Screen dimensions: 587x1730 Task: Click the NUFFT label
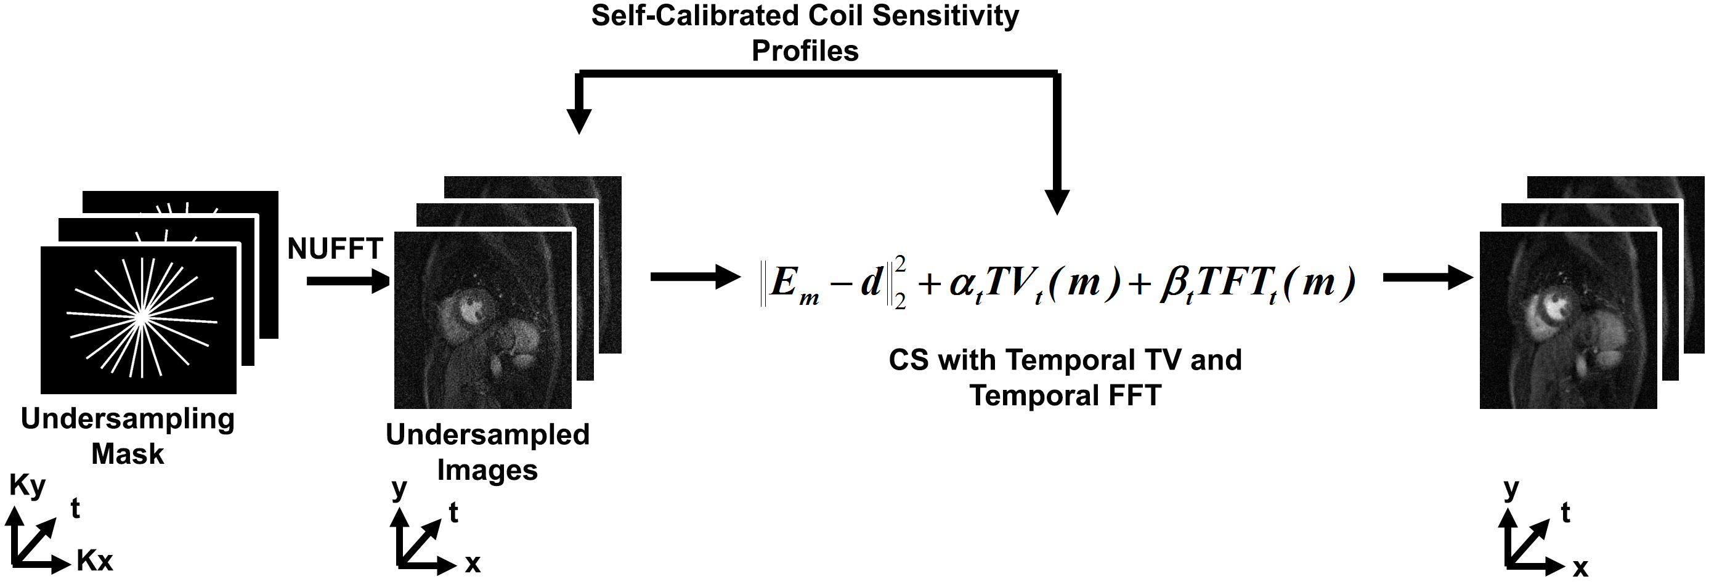point(335,249)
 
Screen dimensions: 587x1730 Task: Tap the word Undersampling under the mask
point(128,419)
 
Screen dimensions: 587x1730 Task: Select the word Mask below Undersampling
point(128,454)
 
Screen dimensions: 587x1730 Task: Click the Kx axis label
point(95,561)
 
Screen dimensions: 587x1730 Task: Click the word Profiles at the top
point(805,51)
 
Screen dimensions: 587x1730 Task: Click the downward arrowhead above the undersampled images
point(579,121)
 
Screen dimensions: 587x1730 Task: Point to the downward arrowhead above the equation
point(1057,201)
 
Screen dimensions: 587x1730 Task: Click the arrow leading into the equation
point(695,277)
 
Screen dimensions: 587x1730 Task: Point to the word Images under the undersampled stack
point(487,470)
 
